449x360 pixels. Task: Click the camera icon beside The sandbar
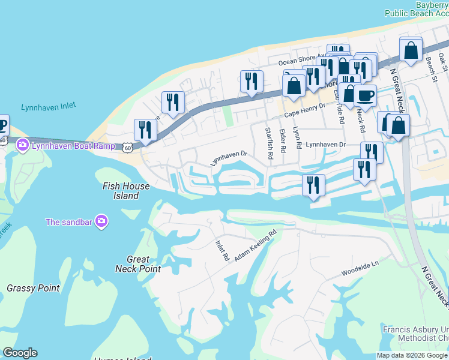click(x=101, y=222)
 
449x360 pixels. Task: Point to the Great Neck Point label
click(x=138, y=264)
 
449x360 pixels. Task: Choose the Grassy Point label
click(x=34, y=288)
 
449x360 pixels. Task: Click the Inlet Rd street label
click(x=222, y=250)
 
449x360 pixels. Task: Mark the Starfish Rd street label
click(x=270, y=142)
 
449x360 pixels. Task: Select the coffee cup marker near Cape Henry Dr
click(x=365, y=95)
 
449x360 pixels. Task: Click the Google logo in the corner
click(x=20, y=353)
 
